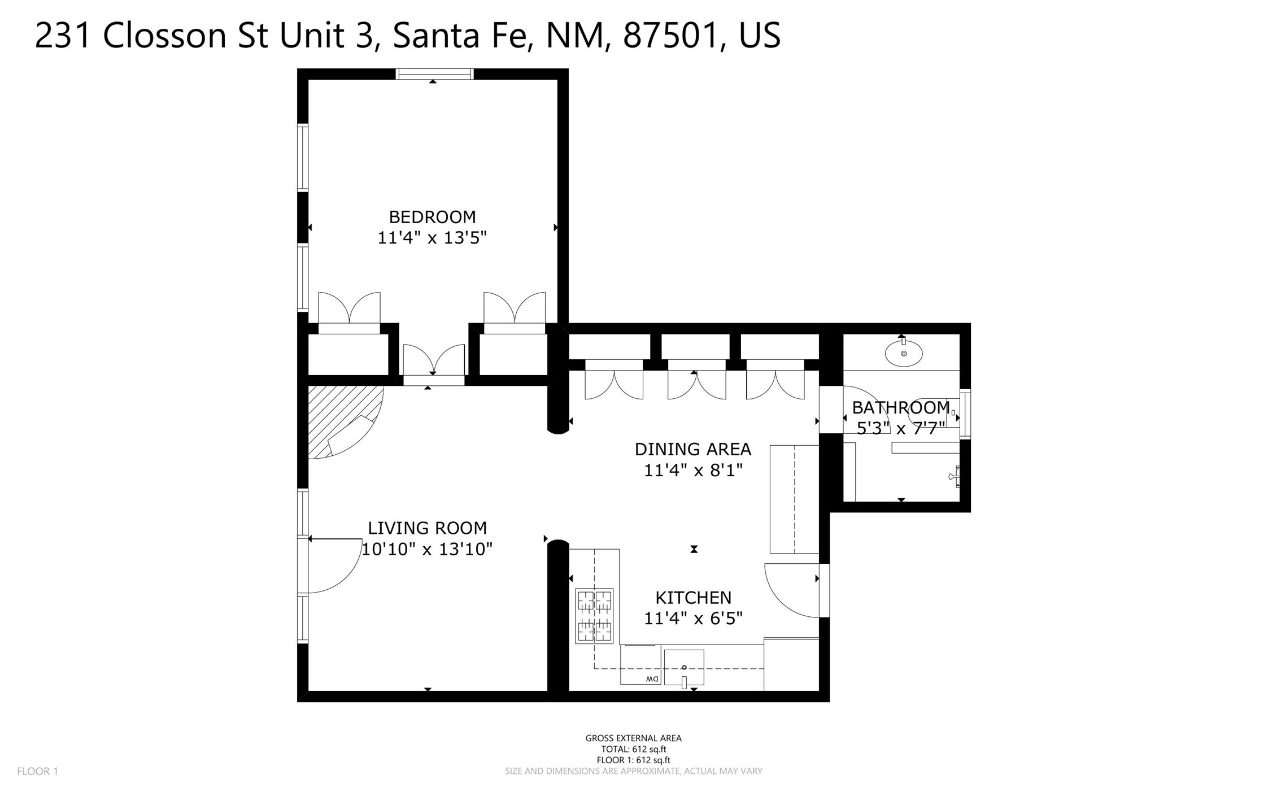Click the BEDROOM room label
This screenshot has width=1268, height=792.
tap(432, 217)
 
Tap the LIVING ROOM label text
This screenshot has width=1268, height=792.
tap(427, 528)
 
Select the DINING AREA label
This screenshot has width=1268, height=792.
tap(693, 449)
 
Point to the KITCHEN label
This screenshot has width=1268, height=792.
tap(693, 598)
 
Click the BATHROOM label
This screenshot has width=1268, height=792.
tap(901, 407)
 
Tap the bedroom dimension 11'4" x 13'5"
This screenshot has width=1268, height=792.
tap(432, 238)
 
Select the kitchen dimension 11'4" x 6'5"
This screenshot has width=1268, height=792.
tap(693, 619)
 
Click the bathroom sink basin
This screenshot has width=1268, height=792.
tap(904, 354)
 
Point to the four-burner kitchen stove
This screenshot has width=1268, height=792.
tap(594, 616)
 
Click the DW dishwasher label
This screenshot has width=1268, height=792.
tap(652, 678)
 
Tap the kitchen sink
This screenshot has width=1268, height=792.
tap(684, 668)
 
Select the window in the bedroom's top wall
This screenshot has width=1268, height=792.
tap(434, 74)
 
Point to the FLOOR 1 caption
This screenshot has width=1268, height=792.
tap(37, 771)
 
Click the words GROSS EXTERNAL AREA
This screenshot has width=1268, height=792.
tap(633, 738)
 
